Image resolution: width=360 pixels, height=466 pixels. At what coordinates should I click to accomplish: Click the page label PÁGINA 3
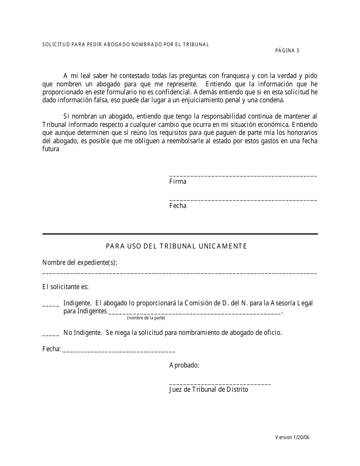click(x=287, y=51)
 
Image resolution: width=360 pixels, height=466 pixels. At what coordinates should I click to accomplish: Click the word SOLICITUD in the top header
click(x=55, y=44)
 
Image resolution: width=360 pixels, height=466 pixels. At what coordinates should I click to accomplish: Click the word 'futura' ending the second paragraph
click(x=51, y=149)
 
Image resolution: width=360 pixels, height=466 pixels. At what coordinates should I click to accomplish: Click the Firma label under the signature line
click(x=178, y=181)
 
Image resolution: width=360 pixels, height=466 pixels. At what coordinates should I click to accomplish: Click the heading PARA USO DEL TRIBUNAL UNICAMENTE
click(x=176, y=246)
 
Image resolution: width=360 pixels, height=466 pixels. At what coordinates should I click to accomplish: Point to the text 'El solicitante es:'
click(x=65, y=287)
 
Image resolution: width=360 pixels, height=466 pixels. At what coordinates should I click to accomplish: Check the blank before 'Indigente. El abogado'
click(x=51, y=305)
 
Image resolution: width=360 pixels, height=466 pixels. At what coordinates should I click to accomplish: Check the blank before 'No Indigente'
click(x=51, y=335)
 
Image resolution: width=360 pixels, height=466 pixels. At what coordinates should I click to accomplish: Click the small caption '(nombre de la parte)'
click(x=146, y=318)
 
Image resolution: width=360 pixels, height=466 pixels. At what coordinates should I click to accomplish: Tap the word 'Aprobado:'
click(x=184, y=365)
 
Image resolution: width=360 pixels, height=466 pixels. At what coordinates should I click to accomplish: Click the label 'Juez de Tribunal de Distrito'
click(x=208, y=389)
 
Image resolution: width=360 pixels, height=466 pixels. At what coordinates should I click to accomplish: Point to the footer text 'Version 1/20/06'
click(x=292, y=437)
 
